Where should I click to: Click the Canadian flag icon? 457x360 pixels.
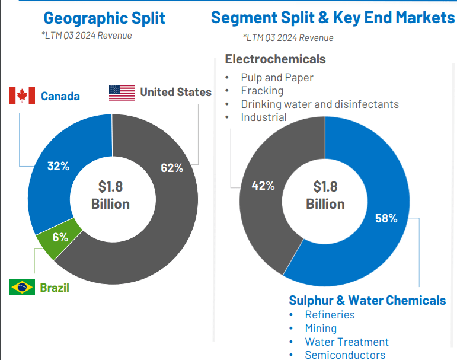(x=22, y=95)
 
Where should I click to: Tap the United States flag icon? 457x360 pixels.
(x=122, y=93)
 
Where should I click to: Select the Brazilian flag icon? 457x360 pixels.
(x=22, y=288)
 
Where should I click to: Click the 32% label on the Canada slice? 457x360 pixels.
(x=59, y=166)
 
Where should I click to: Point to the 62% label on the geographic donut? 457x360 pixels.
(x=172, y=168)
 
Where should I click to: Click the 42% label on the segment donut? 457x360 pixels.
(x=263, y=186)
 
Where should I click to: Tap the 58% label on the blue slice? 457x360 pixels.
(x=386, y=218)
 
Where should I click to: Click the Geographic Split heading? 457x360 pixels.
(x=104, y=18)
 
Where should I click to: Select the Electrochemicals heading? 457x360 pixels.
(x=275, y=59)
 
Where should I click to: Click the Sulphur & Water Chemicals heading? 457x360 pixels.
(x=367, y=300)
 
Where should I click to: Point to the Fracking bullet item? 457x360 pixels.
(x=262, y=91)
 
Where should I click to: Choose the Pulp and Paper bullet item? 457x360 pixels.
(x=277, y=78)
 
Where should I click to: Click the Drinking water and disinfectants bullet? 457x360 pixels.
(x=319, y=104)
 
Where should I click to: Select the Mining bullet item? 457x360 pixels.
(x=321, y=328)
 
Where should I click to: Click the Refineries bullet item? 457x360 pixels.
(x=330, y=315)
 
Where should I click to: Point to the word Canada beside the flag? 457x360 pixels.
(x=60, y=96)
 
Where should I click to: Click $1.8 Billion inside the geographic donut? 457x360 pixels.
(x=110, y=195)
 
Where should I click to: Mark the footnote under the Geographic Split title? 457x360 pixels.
(x=87, y=36)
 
